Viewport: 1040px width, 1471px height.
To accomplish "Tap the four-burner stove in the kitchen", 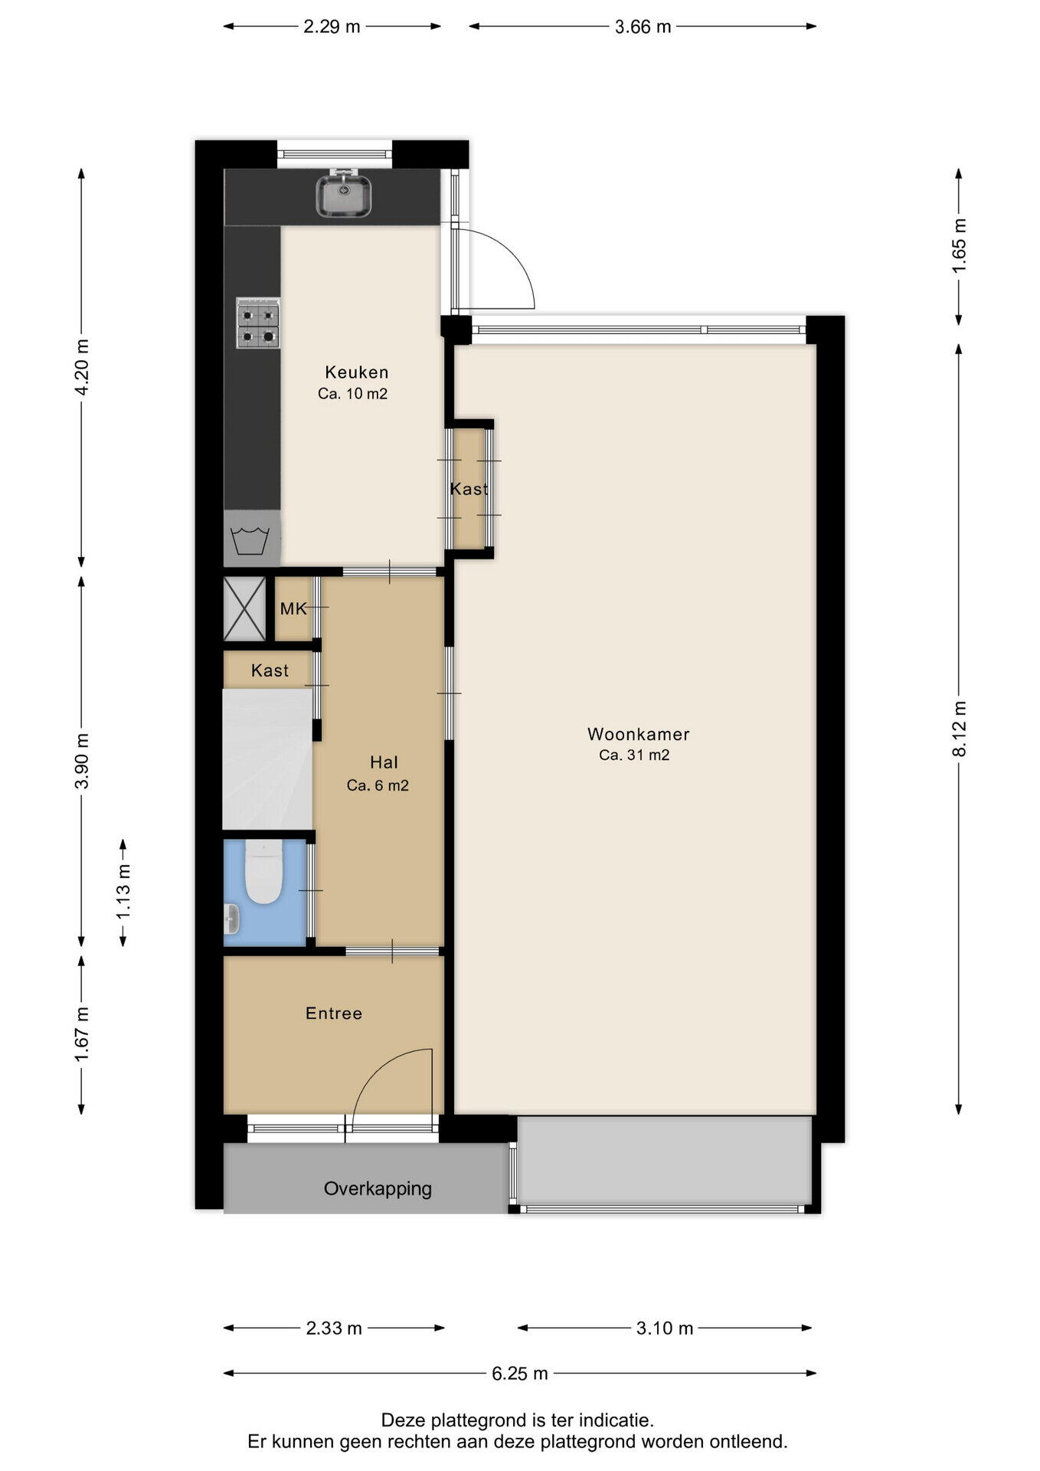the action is click(x=258, y=323).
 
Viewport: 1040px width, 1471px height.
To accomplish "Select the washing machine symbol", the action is click(x=250, y=539).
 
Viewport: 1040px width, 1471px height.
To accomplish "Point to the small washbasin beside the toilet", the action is click(x=231, y=919).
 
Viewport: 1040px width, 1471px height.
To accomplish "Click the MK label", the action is click(x=293, y=609).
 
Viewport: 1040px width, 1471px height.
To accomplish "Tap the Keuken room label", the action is click(x=357, y=372).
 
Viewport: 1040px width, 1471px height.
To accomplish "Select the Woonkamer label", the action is click(x=639, y=734).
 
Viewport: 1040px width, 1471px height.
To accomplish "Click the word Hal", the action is click(x=384, y=762).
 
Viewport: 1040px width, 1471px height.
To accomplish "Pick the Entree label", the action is click(x=334, y=1014).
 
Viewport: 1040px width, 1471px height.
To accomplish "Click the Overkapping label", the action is click(x=378, y=1189).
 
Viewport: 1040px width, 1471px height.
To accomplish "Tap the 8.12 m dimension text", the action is click(x=959, y=729).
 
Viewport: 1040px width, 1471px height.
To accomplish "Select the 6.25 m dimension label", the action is click(x=520, y=1374).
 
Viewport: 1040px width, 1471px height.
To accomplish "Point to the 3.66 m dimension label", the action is click(x=643, y=27).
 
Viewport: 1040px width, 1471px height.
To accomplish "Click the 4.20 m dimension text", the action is click(x=82, y=367).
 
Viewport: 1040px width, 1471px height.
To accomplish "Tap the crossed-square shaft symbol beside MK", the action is click(x=244, y=609).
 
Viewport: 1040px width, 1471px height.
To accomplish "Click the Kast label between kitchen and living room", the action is click(x=469, y=489).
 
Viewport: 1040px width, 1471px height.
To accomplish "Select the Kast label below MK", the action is click(x=270, y=671).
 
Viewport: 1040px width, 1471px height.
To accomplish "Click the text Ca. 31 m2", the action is click(x=634, y=755).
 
